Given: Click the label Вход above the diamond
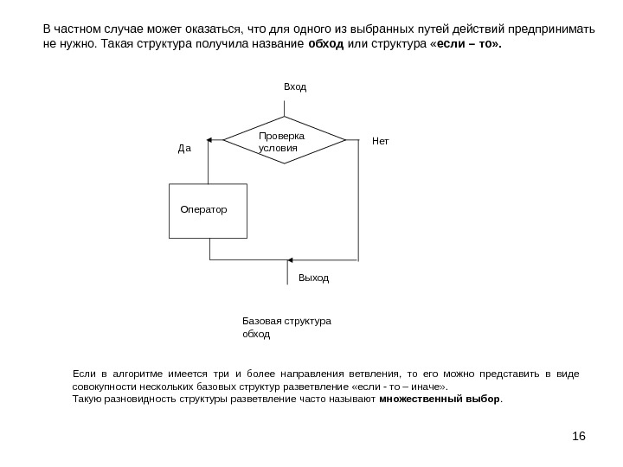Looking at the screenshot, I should click(x=295, y=87).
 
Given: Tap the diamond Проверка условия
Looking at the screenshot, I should click(x=284, y=141).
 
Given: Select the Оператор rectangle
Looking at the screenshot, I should click(x=209, y=210).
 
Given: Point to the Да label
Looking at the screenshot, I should click(x=183, y=148).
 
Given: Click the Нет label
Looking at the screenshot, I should click(x=380, y=138).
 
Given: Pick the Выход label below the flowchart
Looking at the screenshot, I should click(x=313, y=278).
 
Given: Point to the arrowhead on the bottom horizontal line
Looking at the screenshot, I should click(x=290, y=259).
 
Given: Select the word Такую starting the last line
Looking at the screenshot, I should click(x=87, y=400).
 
